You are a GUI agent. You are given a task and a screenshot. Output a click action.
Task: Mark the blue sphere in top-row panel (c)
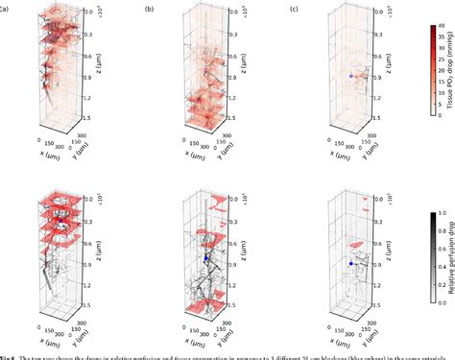coord(352,73)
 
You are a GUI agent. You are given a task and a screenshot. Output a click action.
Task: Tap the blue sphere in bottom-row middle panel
coord(205,257)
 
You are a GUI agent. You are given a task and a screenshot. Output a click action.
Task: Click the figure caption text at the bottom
coord(227,354)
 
